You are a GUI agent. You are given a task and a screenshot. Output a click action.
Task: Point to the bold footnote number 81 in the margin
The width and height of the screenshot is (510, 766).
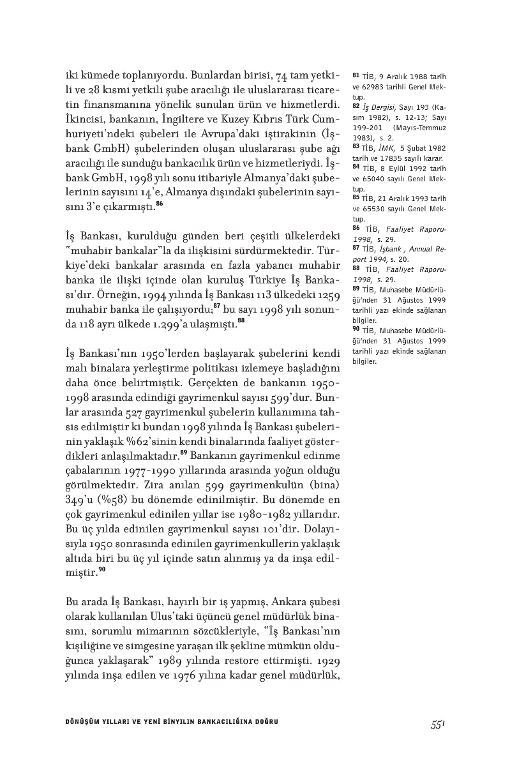coord(356,77)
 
